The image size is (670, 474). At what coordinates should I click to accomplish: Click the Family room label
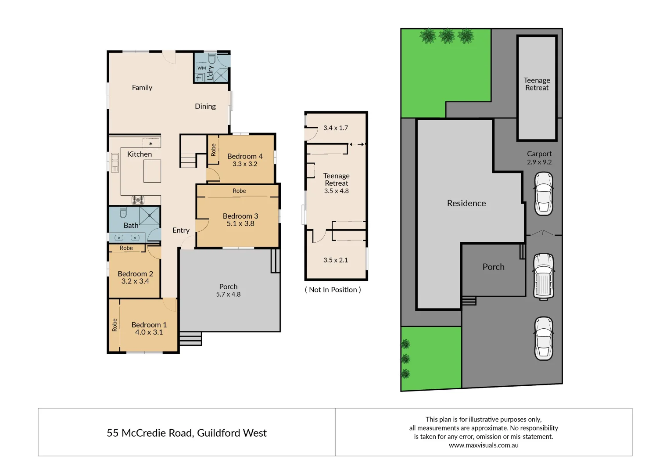point(142,88)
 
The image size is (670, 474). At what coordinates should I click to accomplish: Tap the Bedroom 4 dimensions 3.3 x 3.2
point(245,164)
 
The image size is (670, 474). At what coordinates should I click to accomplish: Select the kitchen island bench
point(152,171)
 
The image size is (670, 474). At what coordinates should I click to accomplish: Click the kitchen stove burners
point(138,200)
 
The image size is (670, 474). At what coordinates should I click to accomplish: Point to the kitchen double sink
point(115,163)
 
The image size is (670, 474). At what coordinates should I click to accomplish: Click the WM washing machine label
point(201,68)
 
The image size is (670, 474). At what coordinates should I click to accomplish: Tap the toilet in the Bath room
point(123,213)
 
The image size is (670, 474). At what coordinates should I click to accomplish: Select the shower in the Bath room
point(150,215)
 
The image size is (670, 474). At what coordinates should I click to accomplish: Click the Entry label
point(181,230)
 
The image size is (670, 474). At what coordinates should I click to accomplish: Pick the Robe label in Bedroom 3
point(239,191)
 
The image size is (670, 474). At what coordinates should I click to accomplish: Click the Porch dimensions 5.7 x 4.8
point(228,294)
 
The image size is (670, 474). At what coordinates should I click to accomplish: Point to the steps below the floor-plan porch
point(190,338)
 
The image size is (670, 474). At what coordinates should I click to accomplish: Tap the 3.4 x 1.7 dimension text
point(336,128)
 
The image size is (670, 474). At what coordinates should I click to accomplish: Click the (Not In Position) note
point(333,290)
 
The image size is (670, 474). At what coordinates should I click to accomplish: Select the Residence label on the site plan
point(466,203)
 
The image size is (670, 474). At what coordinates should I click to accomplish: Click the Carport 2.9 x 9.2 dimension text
point(539,162)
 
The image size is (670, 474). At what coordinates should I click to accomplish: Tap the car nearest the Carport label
point(543,194)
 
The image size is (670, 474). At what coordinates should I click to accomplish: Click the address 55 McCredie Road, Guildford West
point(186,433)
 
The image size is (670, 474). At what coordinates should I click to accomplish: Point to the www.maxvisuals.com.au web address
point(484,445)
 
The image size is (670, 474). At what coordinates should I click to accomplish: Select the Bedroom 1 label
point(149,325)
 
